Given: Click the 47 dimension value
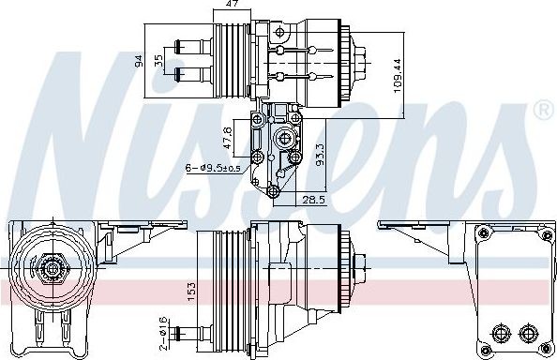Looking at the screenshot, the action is pos(232,4).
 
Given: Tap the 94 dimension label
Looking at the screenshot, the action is pos(139,60).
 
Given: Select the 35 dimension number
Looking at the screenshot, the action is pos(158,60).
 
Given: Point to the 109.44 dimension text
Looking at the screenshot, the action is pos(397,75).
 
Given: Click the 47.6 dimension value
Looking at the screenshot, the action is pos(228,138).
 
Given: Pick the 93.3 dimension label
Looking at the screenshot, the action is pos(320,155).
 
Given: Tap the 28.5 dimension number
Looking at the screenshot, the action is pos(313,200).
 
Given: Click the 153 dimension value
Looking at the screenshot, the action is pos(191,292).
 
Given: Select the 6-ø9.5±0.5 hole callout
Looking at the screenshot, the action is pos(213,168).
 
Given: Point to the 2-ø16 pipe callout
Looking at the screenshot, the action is pos(163,334).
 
